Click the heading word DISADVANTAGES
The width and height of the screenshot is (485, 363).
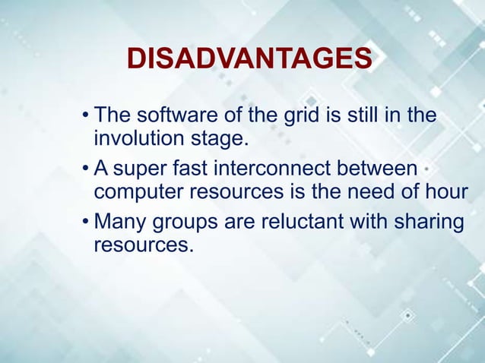click(249, 59)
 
